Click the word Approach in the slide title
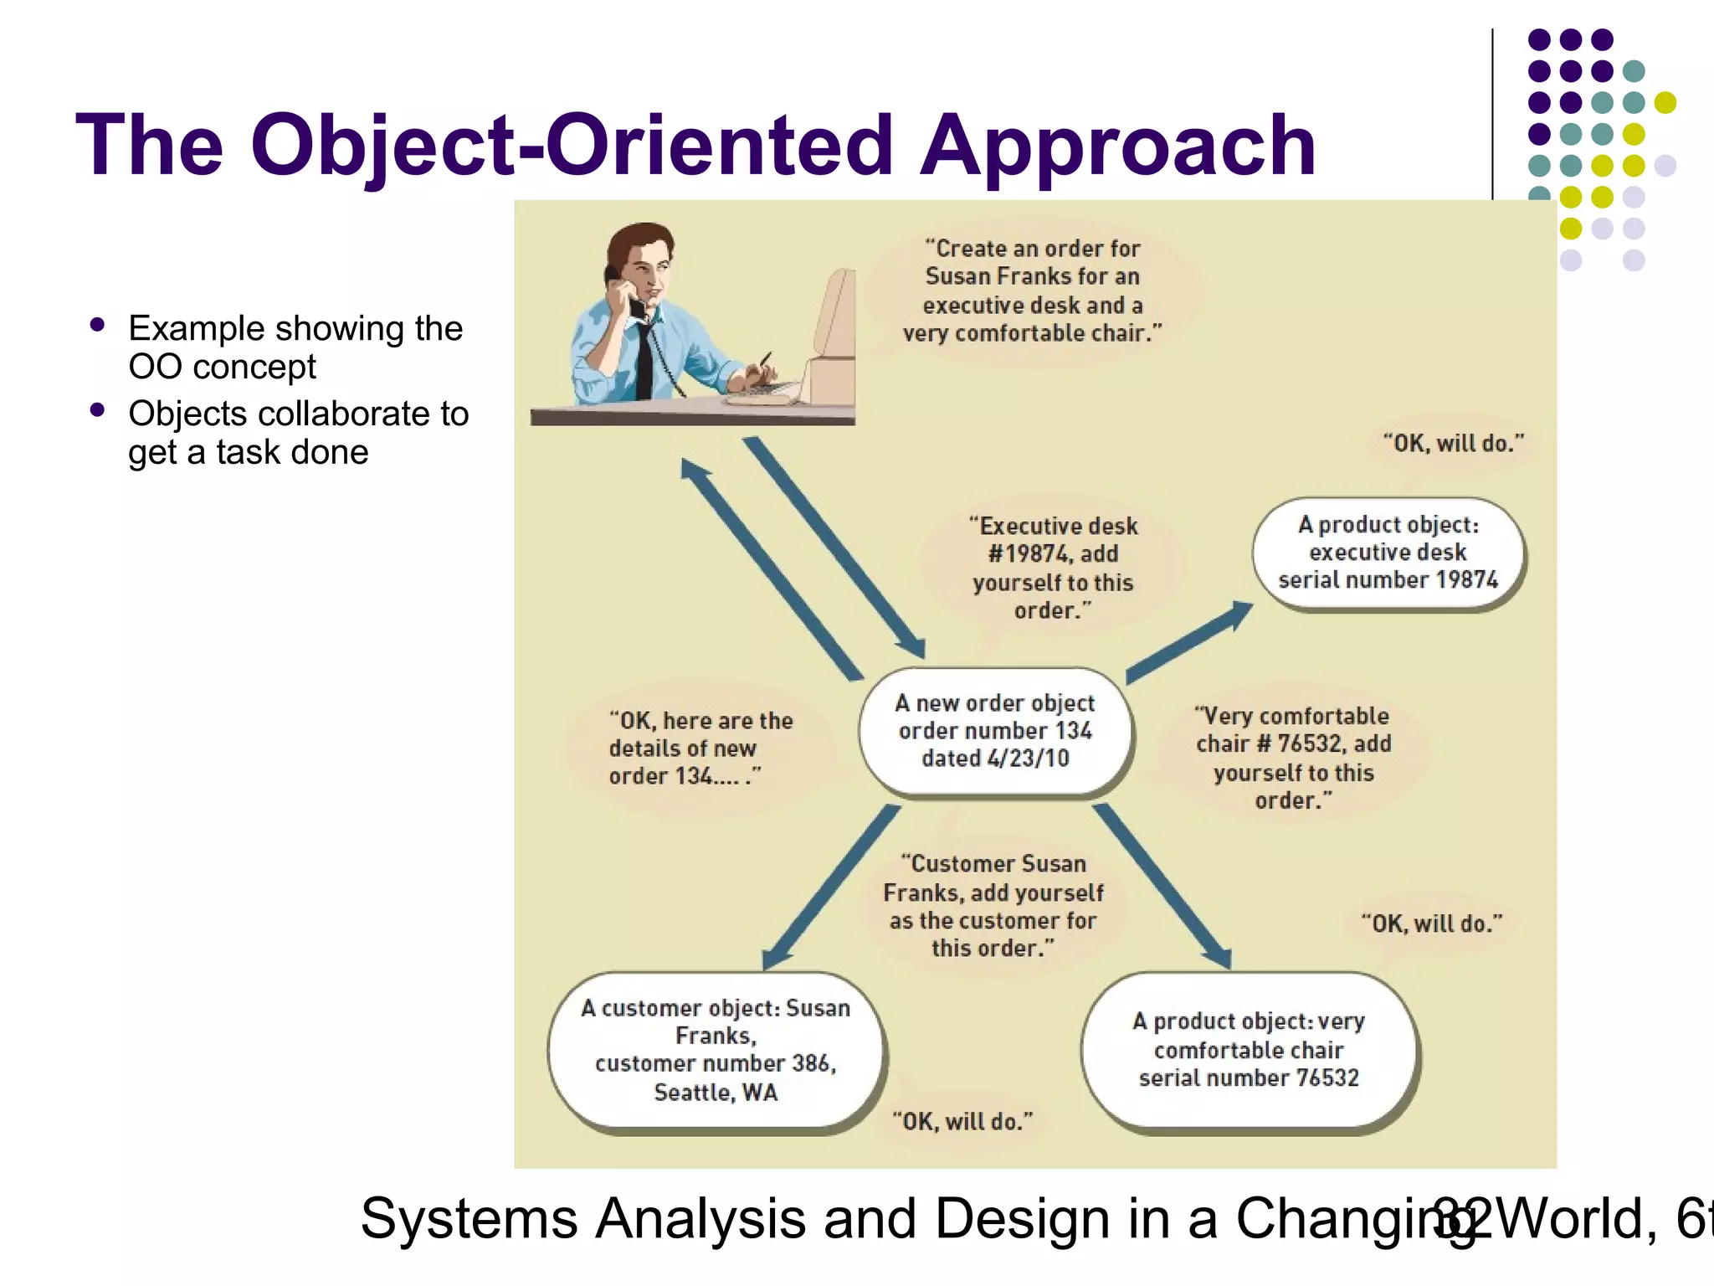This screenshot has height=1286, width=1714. (1117, 147)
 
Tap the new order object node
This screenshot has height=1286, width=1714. (995, 731)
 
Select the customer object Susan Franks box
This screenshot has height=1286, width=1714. (716, 1050)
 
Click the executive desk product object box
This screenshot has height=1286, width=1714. (1388, 553)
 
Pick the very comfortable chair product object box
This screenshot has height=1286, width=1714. (1249, 1050)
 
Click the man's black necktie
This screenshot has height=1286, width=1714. (644, 360)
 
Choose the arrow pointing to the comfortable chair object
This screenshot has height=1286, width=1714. (1163, 887)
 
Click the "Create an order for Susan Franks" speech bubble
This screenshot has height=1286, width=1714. (1032, 291)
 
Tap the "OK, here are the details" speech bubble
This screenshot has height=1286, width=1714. (700, 748)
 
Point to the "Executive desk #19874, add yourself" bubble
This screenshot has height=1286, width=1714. (1053, 568)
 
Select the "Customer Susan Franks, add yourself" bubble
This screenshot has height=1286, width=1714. (993, 906)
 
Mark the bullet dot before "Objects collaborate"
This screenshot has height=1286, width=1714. (98, 410)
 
